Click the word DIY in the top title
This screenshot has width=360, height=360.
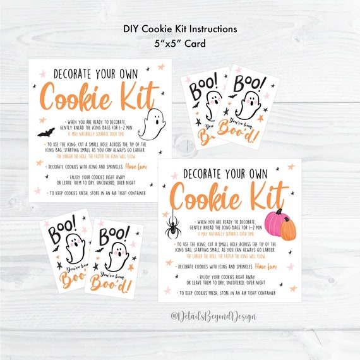[x=133, y=28]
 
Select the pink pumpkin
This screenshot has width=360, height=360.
[x=275, y=223]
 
